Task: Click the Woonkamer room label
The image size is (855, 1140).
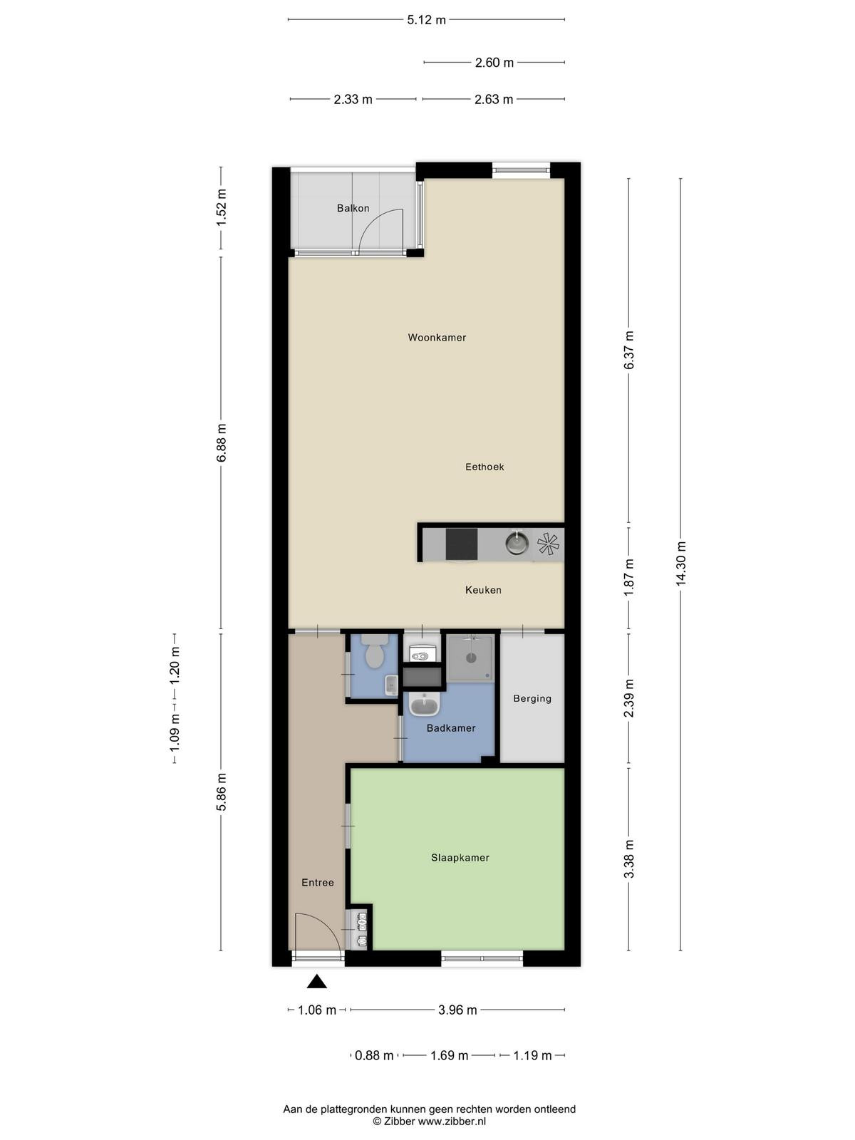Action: pyautogui.click(x=437, y=338)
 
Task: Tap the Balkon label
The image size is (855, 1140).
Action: pyautogui.click(x=353, y=208)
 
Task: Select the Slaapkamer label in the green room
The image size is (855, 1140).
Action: pyautogui.click(x=460, y=858)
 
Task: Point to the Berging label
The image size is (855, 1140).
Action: pyautogui.click(x=532, y=699)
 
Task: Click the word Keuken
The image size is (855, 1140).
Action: pyautogui.click(x=483, y=590)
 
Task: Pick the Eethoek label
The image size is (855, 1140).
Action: pyautogui.click(x=484, y=467)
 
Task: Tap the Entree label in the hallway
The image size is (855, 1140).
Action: pyautogui.click(x=318, y=882)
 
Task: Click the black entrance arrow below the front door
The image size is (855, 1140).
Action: pyautogui.click(x=316, y=982)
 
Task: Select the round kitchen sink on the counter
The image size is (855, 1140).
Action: pyautogui.click(x=517, y=543)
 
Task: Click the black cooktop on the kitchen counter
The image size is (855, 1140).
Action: pyautogui.click(x=462, y=544)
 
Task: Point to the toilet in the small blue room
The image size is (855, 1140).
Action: pyautogui.click(x=374, y=653)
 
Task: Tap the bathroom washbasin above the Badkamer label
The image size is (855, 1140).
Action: pyautogui.click(x=425, y=705)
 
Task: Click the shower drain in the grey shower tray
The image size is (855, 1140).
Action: pyautogui.click(x=472, y=658)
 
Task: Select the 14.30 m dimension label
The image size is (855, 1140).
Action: pyautogui.click(x=681, y=564)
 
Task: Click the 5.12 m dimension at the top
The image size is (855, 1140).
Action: pyautogui.click(x=426, y=20)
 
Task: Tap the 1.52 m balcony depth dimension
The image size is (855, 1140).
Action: pyautogui.click(x=222, y=207)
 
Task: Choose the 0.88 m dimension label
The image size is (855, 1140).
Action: pyautogui.click(x=374, y=1056)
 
